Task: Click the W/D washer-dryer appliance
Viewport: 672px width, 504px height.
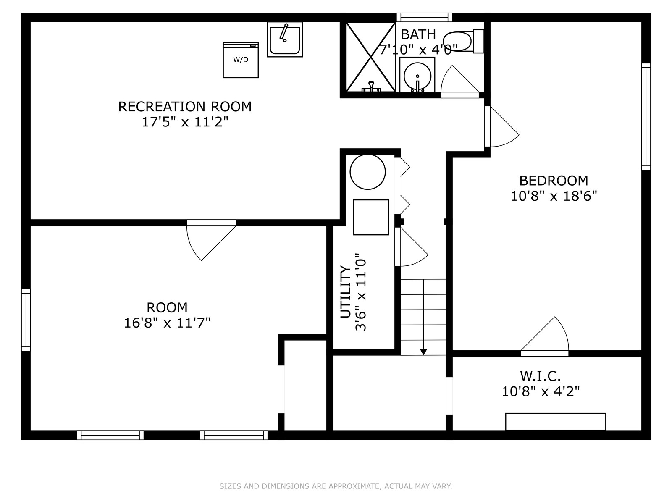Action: coord(241,60)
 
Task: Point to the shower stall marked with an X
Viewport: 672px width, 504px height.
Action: coord(371,57)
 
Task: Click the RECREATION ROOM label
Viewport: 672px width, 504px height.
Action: coord(185,107)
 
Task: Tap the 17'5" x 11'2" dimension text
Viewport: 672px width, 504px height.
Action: coord(185,122)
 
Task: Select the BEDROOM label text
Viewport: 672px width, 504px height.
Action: coord(554,181)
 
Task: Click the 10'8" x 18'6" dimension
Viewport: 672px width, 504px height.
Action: coord(554,196)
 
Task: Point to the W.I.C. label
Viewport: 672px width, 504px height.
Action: coord(541,376)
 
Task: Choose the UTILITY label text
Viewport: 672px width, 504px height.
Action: coord(345,292)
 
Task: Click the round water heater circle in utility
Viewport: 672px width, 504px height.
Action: coord(367,172)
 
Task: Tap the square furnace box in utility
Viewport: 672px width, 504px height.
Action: coord(371,217)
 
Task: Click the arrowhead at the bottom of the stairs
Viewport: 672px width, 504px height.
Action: coord(423,352)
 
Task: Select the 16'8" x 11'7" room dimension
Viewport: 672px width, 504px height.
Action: coord(167,323)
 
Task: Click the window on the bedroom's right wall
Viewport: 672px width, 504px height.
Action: coord(646,117)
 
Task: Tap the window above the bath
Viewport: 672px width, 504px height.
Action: coord(424,17)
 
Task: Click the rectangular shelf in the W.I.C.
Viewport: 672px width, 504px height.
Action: coord(556,422)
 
